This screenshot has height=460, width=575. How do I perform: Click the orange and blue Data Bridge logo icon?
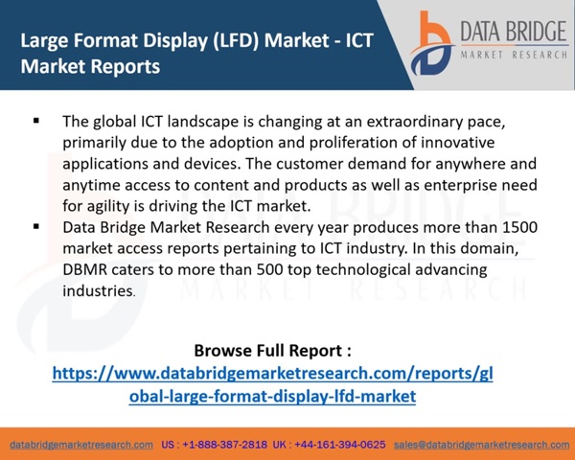tap(432, 43)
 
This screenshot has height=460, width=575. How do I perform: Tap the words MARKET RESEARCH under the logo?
tap(514, 55)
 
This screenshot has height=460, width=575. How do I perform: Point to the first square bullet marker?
tap(36, 121)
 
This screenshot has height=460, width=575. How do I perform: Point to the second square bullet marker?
tap(36, 226)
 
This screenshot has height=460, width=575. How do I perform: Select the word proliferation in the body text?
tap(353, 143)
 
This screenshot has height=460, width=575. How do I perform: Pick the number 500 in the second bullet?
tap(269, 269)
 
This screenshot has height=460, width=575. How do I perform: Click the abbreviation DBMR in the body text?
tap(84, 269)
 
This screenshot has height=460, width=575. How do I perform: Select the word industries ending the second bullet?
tap(98, 291)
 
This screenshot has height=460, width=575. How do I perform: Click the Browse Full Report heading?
tap(272, 351)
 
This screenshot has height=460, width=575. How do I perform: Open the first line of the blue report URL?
tap(272, 374)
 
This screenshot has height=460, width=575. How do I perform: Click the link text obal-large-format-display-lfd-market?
tap(272, 396)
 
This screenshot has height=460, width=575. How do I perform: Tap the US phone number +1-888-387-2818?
tap(224, 445)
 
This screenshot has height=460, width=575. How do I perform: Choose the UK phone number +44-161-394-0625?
tap(339, 445)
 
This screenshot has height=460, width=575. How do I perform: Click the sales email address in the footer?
tap(481, 445)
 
